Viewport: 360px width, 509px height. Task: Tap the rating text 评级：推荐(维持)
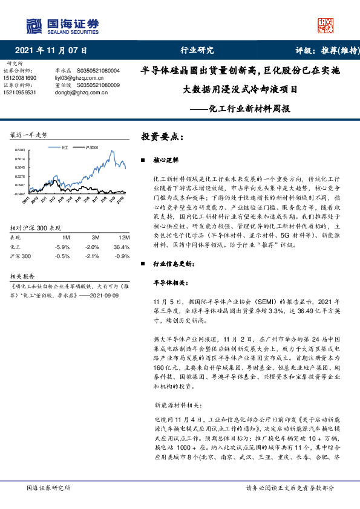320,50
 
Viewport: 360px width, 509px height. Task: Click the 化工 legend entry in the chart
62,147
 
